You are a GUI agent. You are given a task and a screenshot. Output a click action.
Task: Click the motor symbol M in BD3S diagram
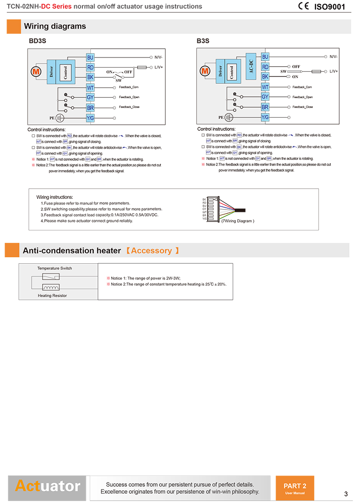point(36,71)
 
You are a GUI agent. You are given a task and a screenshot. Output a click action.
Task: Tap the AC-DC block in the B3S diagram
point(251,66)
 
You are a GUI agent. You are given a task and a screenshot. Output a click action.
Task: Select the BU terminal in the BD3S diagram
point(90,57)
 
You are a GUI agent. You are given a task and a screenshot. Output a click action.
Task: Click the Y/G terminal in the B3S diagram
point(265,117)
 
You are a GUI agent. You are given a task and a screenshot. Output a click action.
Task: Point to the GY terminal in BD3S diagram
point(90,97)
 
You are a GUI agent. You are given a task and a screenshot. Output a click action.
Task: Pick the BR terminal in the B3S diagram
point(265,107)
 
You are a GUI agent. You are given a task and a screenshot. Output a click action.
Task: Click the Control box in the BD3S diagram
point(66,71)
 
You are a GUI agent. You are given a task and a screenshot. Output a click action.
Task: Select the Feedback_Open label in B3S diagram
point(303,97)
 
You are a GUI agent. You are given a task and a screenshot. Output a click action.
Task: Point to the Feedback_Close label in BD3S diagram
point(129,107)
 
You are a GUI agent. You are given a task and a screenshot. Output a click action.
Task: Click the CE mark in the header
point(304,6)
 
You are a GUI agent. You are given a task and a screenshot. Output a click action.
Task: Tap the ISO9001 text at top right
point(330,7)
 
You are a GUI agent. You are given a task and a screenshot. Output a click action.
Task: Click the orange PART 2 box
point(295,488)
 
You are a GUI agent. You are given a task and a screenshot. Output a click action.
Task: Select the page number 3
point(346,494)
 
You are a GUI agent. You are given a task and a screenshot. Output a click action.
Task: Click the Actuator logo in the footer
point(47,486)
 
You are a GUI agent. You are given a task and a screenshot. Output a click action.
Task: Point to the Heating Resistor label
point(52,295)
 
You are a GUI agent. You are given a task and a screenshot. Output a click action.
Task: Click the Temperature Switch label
point(55,268)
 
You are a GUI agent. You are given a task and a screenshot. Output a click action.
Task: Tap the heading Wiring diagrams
point(55,26)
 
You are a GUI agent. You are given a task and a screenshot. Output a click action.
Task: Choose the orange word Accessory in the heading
point(152,251)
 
